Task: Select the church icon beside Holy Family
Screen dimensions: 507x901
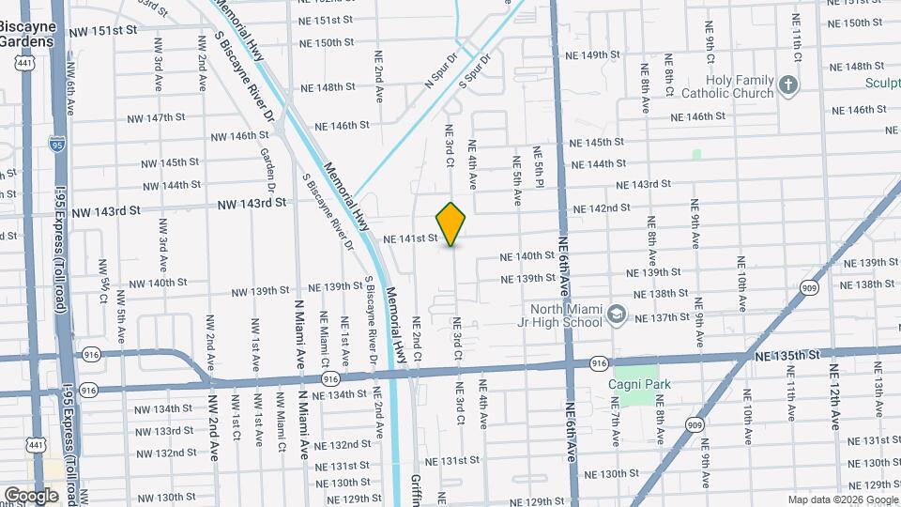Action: (x=788, y=86)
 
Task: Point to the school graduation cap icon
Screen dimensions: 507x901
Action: (x=617, y=314)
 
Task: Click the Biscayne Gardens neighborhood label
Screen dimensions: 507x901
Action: (x=25, y=36)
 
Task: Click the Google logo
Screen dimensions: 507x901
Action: (x=31, y=496)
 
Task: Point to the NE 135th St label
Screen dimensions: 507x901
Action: (x=787, y=355)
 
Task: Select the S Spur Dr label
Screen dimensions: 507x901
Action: (x=476, y=71)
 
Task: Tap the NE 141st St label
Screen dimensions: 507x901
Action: (x=410, y=238)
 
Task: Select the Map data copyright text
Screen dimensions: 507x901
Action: (x=843, y=499)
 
